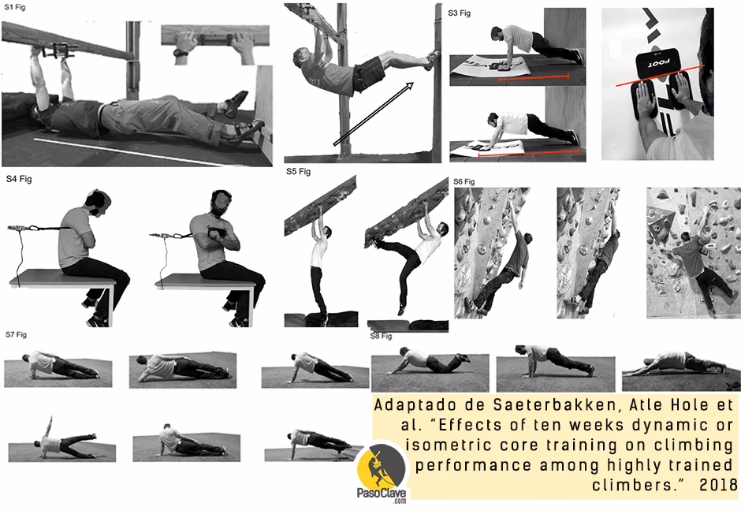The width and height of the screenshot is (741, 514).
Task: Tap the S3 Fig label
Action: click(x=459, y=13)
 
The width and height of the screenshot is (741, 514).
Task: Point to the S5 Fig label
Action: click(x=298, y=169)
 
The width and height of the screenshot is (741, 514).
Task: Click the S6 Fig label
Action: click(x=464, y=182)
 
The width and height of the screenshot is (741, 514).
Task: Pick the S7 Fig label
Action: click(x=17, y=335)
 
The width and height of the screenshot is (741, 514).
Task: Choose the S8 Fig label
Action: click(x=381, y=337)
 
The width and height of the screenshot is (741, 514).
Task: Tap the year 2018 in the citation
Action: click(x=717, y=482)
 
